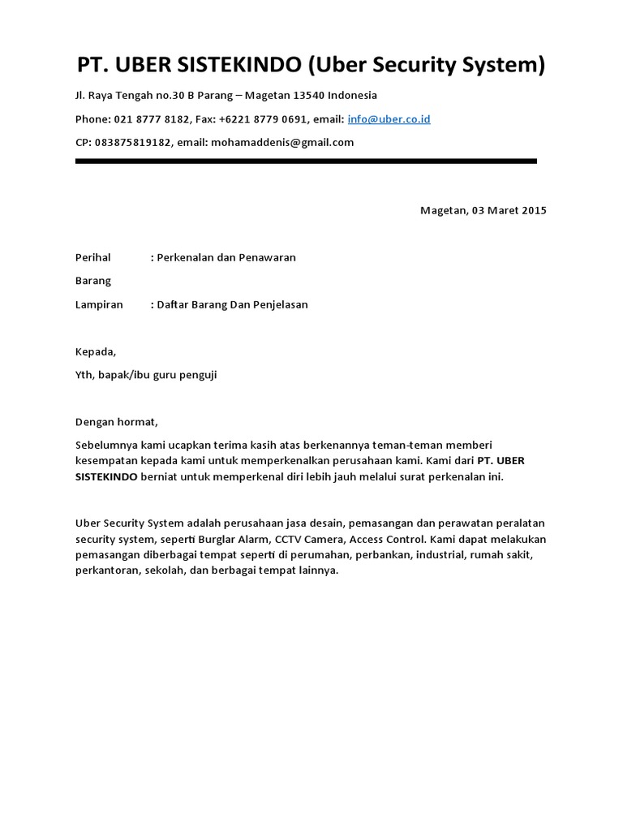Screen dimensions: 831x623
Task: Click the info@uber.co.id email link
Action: (389, 119)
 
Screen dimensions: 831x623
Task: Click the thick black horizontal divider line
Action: (306, 161)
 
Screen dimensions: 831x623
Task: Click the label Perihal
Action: (92, 258)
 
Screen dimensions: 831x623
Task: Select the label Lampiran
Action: (99, 305)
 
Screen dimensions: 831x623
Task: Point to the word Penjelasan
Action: (277, 305)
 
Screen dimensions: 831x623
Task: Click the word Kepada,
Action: (96, 352)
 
